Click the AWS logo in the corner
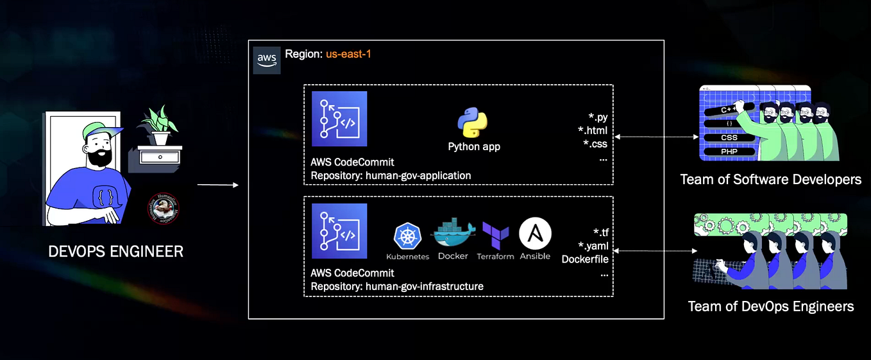[x=266, y=59]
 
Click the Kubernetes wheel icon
[x=407, y=237]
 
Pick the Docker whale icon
[x=453, y=234]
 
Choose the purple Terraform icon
[x=495, y=236]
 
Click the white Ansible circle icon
[x=535, y=234]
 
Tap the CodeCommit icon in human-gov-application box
[x=339, y=119]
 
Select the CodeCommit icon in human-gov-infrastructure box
[x=339, y=231]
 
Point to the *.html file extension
[x=592, y=131]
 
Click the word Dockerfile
[x=584, y=259]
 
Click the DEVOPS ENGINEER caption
[x=116, y=252]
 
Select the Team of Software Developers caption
[x=771, y=180]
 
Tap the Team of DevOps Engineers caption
[x=771, y=306]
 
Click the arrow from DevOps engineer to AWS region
[x=217, y=185]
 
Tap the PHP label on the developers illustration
[x=729, y=152]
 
